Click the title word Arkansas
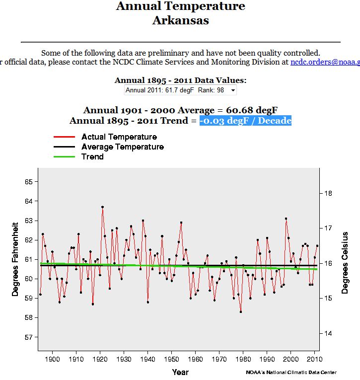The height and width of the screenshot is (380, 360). (x=180, y=20)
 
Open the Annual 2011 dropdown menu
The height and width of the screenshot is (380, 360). (x=180, y=90)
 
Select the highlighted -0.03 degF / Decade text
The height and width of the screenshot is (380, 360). (x=245, y=121)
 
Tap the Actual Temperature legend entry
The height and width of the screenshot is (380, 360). (x=119, y=137)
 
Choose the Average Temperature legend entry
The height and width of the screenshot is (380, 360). (x=122, y=147)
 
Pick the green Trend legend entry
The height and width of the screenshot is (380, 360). (x=92, y=156)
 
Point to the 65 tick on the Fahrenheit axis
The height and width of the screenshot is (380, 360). (x=28, y=182)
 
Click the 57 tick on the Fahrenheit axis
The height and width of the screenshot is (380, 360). (x=28, y=337)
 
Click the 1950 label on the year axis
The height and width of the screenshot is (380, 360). (x=171, y=359)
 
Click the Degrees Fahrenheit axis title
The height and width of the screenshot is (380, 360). (x=15, y=259)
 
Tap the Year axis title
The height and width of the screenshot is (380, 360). (x=180, y=372)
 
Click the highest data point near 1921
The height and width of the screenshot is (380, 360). (x=102, y=207)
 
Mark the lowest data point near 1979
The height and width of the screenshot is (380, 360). (x=241, y=312)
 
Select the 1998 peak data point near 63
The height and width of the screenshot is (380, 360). (x=286, y=219)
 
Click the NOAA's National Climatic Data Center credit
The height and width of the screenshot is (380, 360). (x=291, y=373)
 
